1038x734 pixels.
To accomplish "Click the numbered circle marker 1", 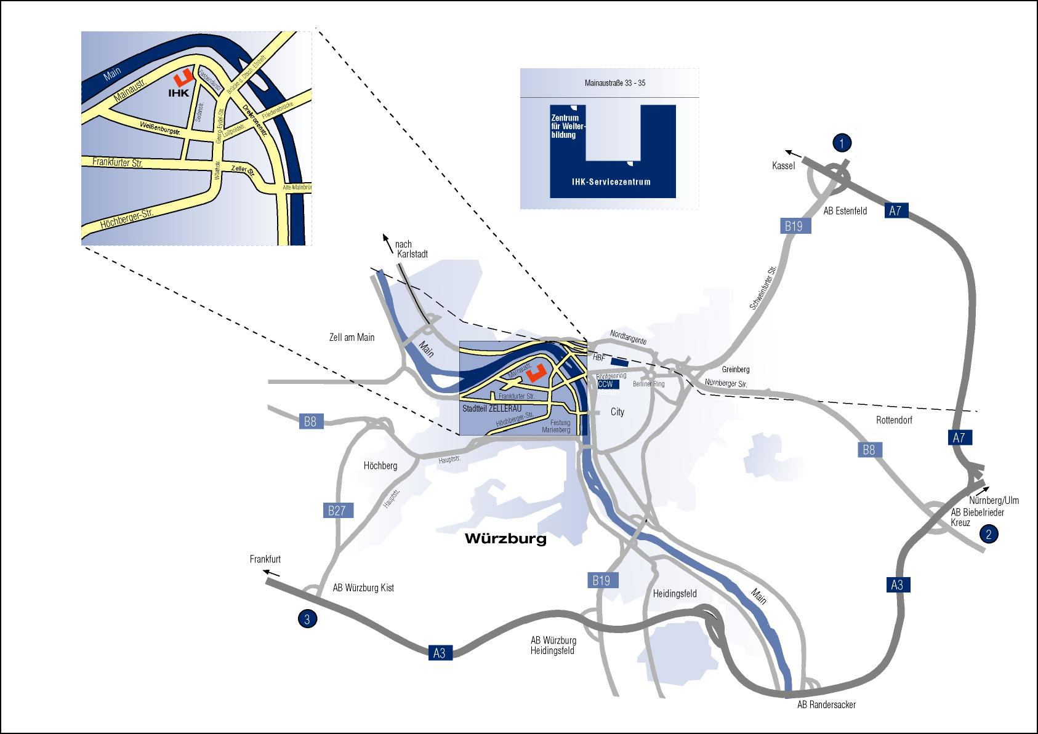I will [842, 143].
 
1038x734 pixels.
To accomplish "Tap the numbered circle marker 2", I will [989, 534].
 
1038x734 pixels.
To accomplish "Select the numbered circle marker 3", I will [307, 619].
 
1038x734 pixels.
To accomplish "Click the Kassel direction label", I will [783, 166].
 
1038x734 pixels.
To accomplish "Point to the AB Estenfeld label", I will [845, 211].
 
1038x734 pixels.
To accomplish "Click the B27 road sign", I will [337, 510].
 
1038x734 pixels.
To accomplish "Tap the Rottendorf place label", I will [894, 420].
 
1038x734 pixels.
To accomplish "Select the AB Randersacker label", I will [826, 704].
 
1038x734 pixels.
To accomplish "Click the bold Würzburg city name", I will [505, 539].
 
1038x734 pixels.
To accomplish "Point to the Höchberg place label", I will [380, 466].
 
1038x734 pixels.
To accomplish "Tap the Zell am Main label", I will [352, 337].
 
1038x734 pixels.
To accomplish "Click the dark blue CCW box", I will [606, 384].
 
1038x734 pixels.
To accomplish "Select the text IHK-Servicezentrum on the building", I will [611, 182].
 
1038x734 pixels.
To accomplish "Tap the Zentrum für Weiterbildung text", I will [568, 126].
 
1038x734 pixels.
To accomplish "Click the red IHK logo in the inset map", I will [183, 78].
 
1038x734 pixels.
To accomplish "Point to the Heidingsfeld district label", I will [675, 594].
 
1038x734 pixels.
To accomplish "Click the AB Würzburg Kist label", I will [363, 588].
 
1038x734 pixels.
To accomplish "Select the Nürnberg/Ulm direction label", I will [994, 500].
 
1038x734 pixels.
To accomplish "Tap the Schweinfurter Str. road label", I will [763, 288].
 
